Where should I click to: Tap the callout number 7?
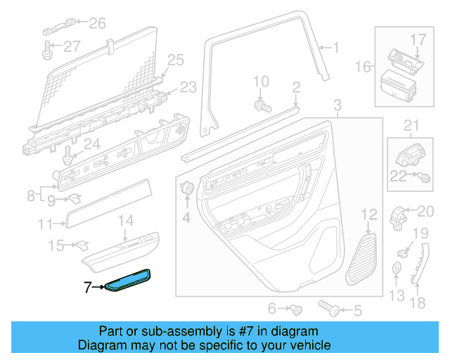[87, 287]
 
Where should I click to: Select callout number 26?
[97, 25]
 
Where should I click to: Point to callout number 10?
[261, 82]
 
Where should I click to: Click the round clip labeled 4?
[188, 188]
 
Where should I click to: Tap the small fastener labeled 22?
[425, 176]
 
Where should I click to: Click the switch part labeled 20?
[399, 212]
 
